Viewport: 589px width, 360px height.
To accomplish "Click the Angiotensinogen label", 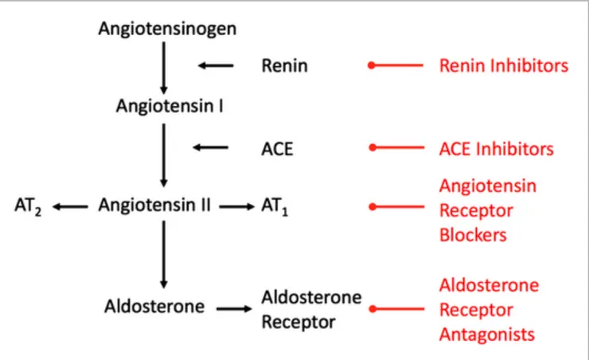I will (x=167, y=29).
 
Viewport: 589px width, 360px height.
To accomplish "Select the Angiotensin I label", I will (x=170, y=106).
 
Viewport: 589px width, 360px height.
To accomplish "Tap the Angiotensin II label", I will (x=154, y=205).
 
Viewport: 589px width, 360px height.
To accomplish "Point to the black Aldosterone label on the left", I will (x=154, y=307).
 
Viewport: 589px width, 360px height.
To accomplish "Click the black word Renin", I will (x=284, y=66).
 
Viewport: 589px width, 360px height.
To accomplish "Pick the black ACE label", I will (x=277, y=149).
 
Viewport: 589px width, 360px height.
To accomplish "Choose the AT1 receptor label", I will (x=275, y=206).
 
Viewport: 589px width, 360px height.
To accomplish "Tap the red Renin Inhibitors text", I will (x=504, y=66).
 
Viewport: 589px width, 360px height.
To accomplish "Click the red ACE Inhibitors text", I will (x=496, y=149).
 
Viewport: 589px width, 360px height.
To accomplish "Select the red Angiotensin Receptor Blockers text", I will (x=488, y=210).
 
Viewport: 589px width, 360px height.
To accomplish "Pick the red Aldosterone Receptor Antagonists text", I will (x=489, y=310).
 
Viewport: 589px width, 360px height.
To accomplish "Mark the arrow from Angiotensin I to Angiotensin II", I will (x=164, y=155).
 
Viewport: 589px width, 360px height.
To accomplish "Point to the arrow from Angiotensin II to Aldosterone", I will (x=164, y=254).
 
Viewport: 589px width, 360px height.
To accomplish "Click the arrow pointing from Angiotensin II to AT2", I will (x=72, y=206).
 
